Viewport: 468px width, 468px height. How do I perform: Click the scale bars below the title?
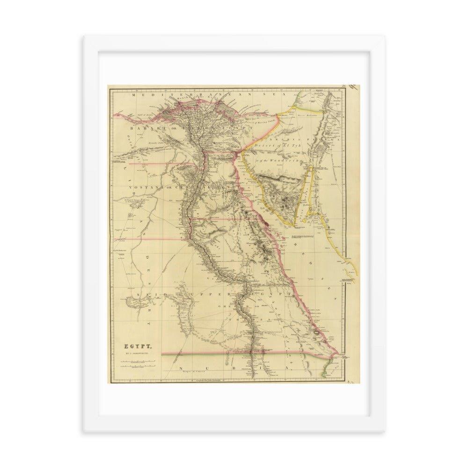pyautogui.click(x=136, y=365)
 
